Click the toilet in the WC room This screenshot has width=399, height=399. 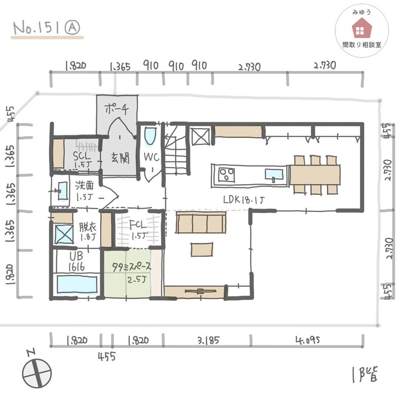tap(150, 136)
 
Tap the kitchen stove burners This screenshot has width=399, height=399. tap(226, 174)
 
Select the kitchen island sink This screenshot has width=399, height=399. tap(274, 175)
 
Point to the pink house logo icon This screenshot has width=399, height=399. tap(362, 29)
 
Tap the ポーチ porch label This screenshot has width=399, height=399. tap(116, 109)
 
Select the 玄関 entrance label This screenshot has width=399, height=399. tap(120, 158)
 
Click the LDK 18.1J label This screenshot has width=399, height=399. tap(244, 200)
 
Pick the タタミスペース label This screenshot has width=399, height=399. tap(132, 267)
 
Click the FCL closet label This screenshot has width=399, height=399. tap(138, 225)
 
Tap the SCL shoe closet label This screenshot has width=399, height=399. tap(82, 156)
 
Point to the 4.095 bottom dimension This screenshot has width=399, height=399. tap(307, 340)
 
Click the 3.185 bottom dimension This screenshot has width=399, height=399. tap(208, 340)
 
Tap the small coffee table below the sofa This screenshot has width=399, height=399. tap(202, 249)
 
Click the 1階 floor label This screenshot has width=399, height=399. tap(365, 375)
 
